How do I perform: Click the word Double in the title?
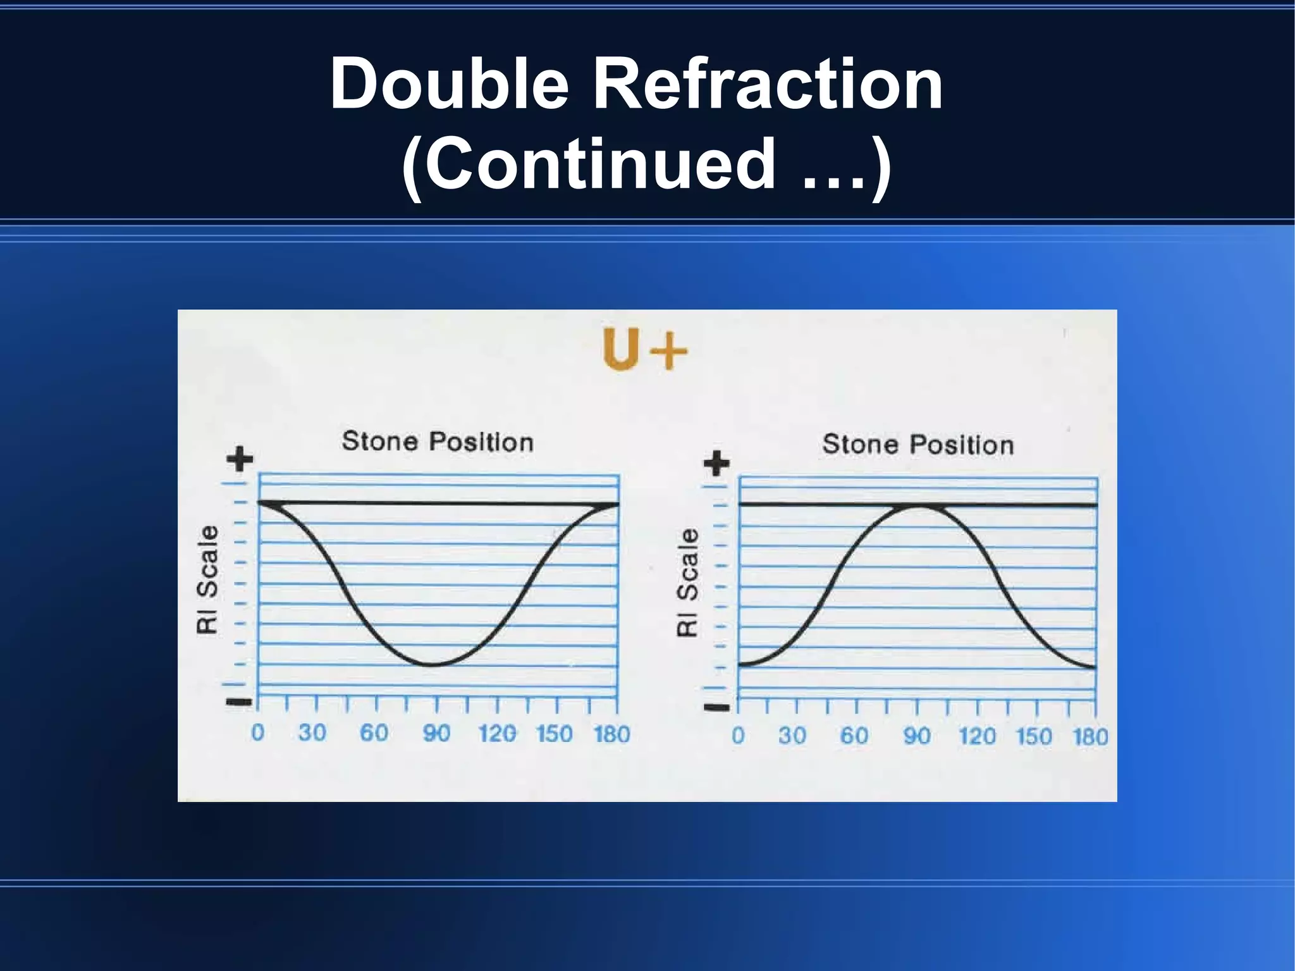(x=450, y=83)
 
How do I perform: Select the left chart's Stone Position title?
(x=438, y=442)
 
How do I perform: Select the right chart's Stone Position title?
(x=918, y=445)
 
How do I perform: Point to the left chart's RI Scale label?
(x=207, y=579)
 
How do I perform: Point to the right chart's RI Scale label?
(x=688, y=582)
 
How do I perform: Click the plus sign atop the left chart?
(x=240, y=459)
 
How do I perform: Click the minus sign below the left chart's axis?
(x=239, y=702)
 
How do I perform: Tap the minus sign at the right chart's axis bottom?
(x=717, y=707)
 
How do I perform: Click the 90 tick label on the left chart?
(x=436, y=733)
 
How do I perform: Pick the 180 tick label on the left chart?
(x=611, y=734)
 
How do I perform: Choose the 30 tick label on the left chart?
(x=312, y=733)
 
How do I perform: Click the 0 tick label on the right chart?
(x=738, y=736)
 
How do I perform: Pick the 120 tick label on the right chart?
(x=977, y=736)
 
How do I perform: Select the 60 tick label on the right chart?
(x=854, y=736)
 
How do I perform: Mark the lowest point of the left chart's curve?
(x=433, y=665)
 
